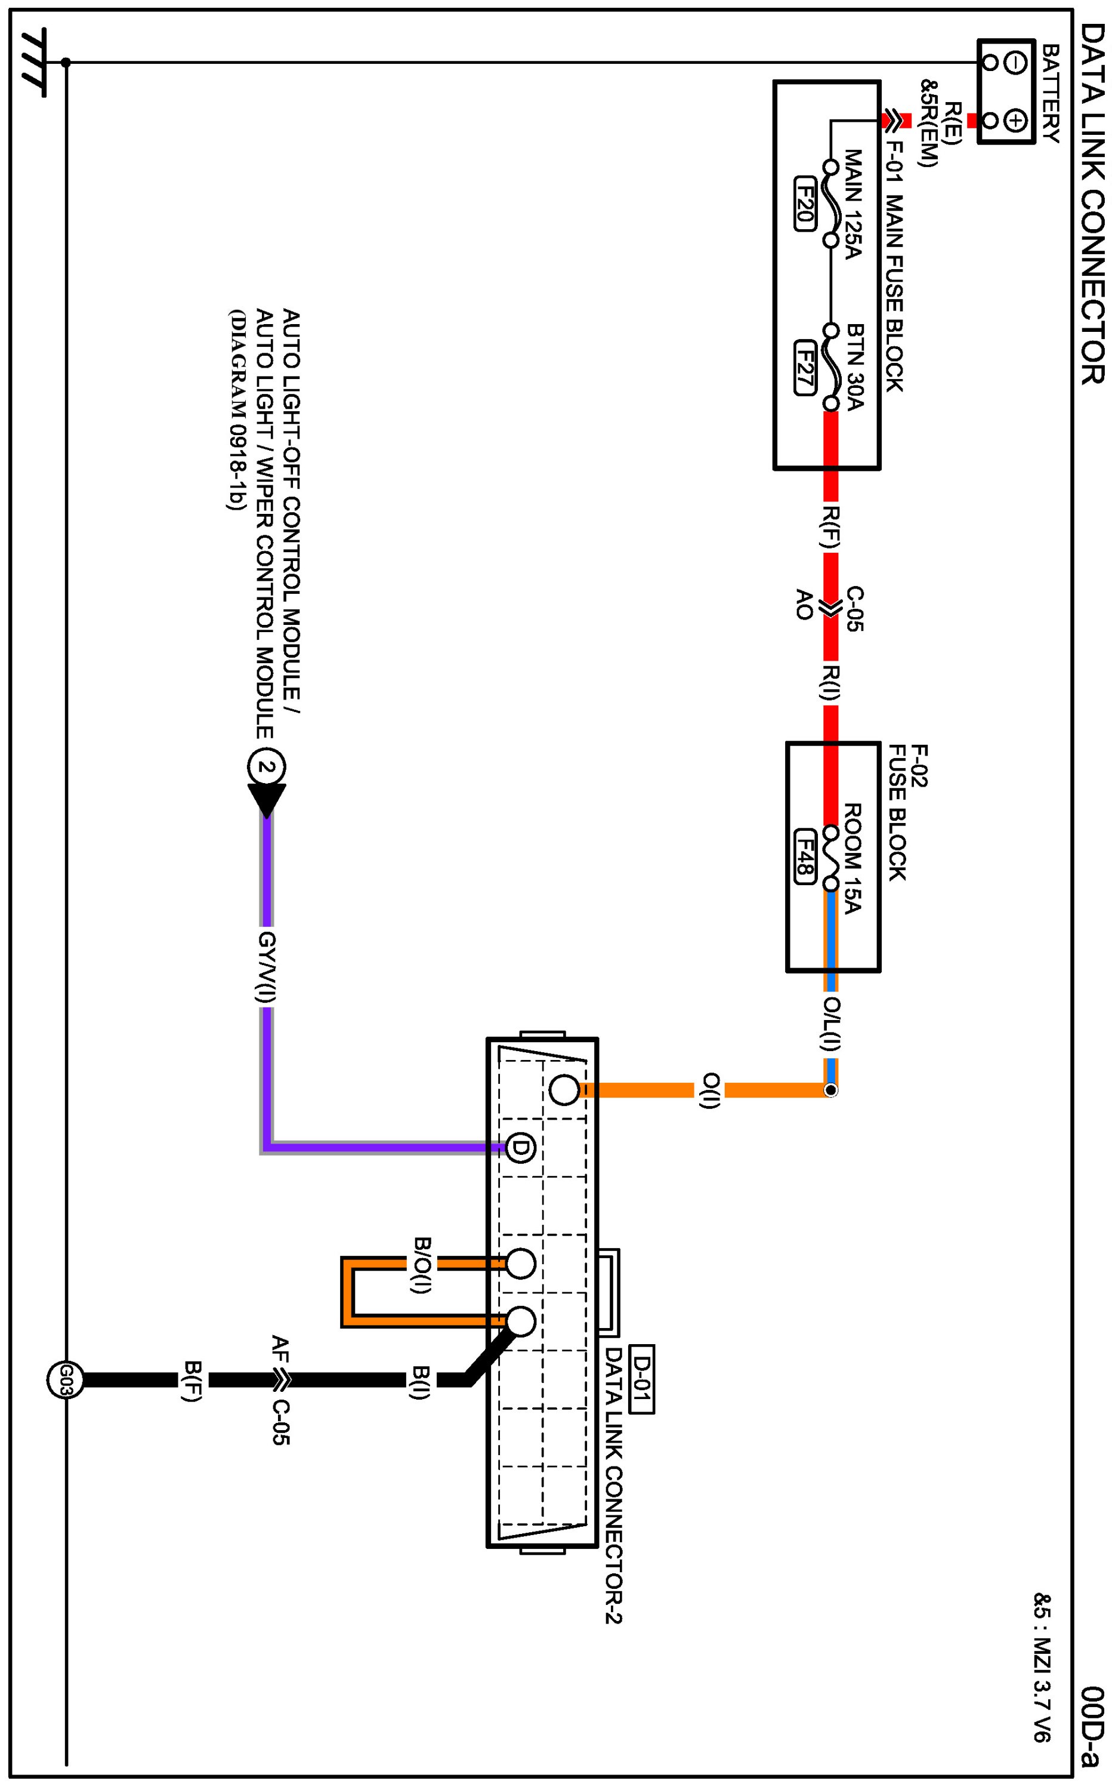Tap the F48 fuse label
click(x=805, y=856)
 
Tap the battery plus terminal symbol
click(x=1015, y=120)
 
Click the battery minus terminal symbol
click(x=1015, y=63)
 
